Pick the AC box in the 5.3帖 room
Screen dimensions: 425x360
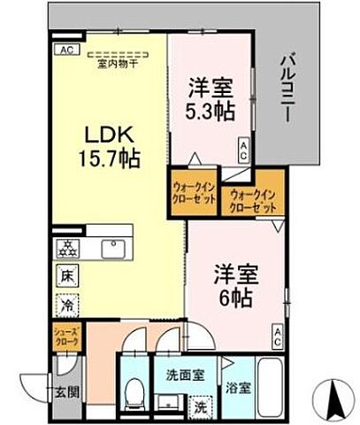245,149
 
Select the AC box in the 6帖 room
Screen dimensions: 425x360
278,334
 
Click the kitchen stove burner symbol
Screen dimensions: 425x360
65,249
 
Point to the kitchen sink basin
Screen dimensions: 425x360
113,249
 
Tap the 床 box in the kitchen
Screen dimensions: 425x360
66,275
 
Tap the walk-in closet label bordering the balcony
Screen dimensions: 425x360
253,199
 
